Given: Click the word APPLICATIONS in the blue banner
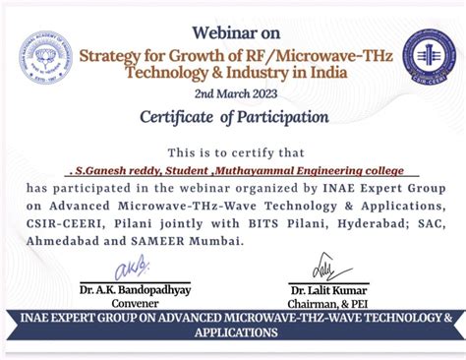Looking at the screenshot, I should click(x=233, y=333).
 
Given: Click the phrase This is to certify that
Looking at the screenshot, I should click(x=232, y=152).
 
